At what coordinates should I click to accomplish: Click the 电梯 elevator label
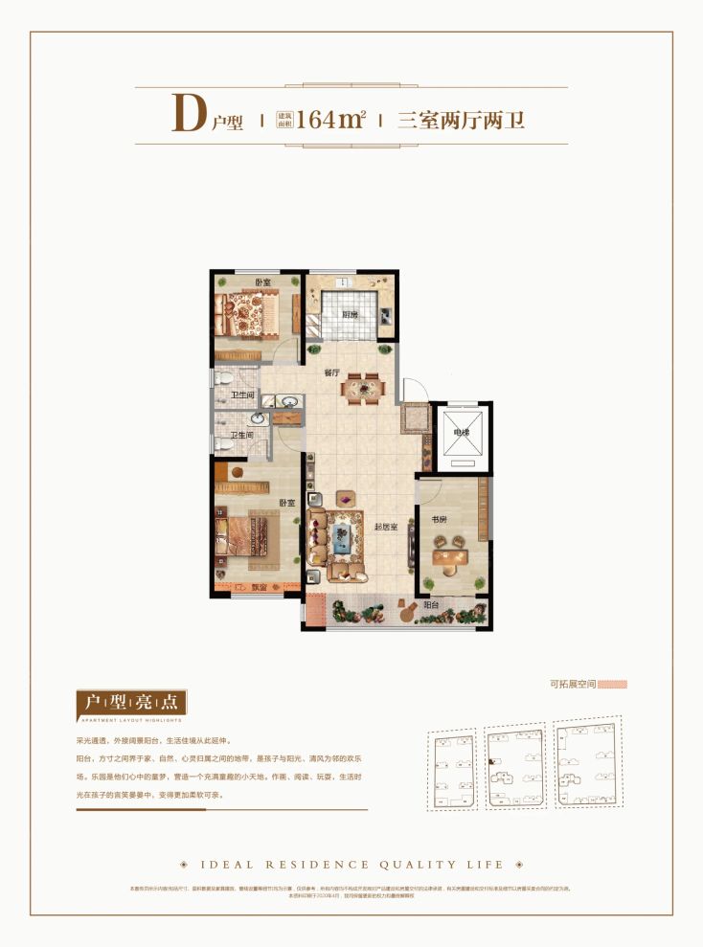click(x=462, y=433)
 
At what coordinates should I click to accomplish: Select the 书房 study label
click(x=439, y=520)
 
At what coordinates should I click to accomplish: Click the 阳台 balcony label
click(x=432, y=604)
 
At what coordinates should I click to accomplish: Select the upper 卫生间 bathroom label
click(x=241, y=395)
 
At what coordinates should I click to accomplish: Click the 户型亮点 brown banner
click(x=131, y=704)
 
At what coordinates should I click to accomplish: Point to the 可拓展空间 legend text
click(x=573, y=685)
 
